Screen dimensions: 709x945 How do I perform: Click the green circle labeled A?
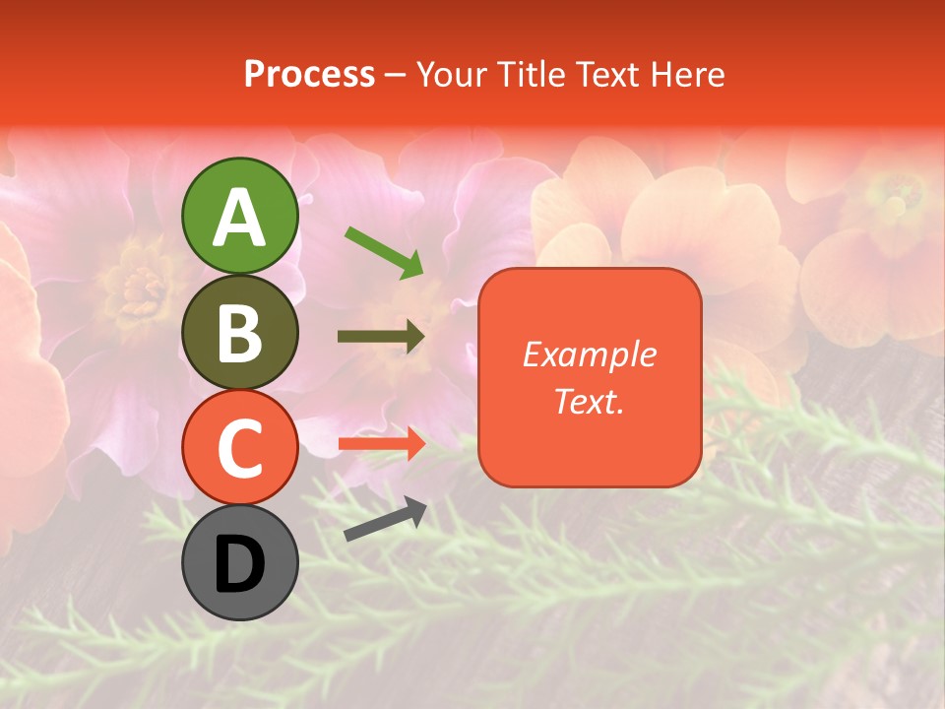239,216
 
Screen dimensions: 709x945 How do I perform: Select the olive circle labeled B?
239,332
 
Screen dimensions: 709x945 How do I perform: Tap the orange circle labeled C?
239,447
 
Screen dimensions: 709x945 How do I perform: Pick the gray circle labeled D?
239,562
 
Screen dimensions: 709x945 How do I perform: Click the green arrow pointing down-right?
385,252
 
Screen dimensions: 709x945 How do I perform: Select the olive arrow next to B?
382,337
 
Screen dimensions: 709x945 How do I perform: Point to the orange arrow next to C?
382,443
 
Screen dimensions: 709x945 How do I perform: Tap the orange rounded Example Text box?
590,377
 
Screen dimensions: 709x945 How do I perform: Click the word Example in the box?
590,354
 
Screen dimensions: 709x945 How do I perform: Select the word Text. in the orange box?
590,401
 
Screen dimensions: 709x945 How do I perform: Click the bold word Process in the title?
309,74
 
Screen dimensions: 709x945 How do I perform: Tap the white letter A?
239,217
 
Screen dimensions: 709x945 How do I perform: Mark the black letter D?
239,564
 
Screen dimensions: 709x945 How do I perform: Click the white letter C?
239,448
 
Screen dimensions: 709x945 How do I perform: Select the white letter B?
239,333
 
